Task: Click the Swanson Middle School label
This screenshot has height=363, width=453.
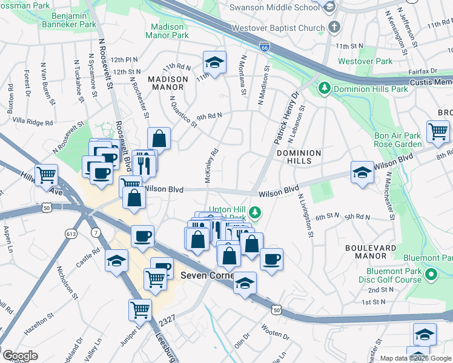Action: point(274,7)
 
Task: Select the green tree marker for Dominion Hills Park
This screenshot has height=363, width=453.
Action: point(325,89)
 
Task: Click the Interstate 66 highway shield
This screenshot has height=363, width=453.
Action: point(265,46)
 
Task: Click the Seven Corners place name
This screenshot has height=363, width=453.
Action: point(205,276)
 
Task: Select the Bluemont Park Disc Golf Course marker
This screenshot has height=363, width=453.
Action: point(431,275)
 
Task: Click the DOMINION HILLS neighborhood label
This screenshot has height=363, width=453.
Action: point(299,157)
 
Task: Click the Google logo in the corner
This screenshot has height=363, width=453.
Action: point(19,356)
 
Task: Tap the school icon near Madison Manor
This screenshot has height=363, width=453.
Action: point(213,62)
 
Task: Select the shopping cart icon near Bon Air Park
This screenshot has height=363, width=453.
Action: point(437,131)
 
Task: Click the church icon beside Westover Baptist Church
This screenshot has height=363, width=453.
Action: point(333,27)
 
